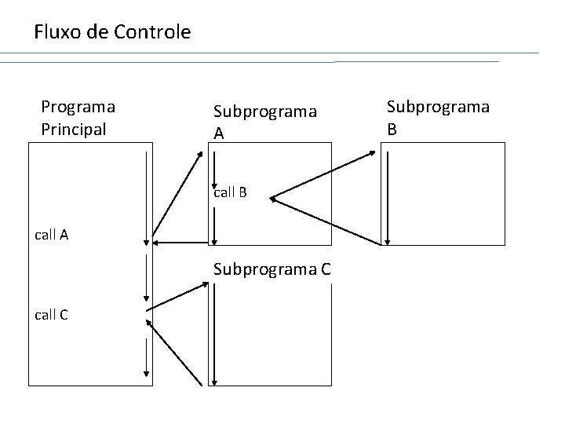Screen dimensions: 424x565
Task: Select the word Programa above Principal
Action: tap(78, 105)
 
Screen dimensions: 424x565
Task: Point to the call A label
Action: tap(51, 233)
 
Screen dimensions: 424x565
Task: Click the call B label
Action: tap(230, 192)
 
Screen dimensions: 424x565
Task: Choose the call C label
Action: tap(51, 315)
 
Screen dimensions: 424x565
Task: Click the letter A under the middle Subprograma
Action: tap(219, 134)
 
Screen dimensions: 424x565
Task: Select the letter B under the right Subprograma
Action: tap(392, 128)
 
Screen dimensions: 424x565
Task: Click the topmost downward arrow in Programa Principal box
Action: tap(147, 196)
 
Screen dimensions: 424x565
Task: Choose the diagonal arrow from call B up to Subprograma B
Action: tap(323, 175)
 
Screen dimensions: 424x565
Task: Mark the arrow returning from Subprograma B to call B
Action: tap(325, 221)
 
